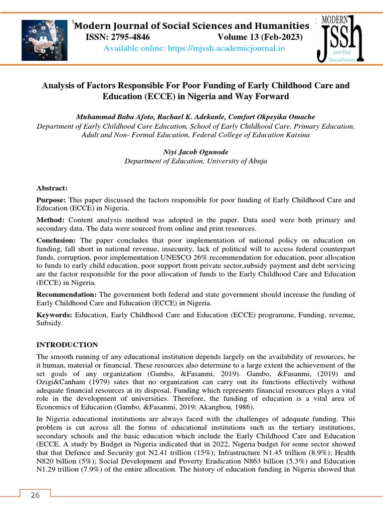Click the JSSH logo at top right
tap(341, 38)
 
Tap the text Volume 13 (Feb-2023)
tap(260, 37)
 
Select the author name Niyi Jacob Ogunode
tap(195, 152)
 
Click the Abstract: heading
tap(51, 188)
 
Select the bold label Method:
tap(50, 220)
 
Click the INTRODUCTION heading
tap(67, 345)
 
